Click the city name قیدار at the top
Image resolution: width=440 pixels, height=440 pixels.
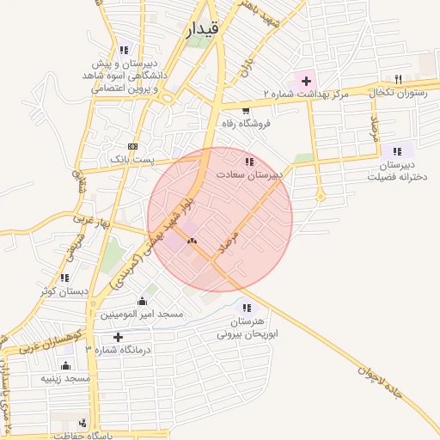[x=202, y=30]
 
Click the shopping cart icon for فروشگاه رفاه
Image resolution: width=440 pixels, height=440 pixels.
[x=246, y=110]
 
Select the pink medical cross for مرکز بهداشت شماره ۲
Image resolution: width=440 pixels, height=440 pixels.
[x=306, y=80]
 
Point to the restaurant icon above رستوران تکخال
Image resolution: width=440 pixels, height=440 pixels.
[x=397, y=78]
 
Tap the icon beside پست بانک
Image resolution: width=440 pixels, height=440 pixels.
[x=131, y=146]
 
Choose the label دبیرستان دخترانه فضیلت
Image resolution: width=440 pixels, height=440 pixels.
[x=397, y=171]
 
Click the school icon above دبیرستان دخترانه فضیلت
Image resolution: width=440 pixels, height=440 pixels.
[x=397, y=151]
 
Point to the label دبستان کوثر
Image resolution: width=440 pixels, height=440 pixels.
[x=64, y=291]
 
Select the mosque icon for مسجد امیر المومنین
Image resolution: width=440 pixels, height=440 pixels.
[x=142, y=301]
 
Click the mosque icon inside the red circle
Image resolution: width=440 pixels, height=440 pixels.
[x=192, y=241]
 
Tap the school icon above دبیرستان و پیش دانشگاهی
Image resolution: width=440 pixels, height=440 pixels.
[x=125, y=50]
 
